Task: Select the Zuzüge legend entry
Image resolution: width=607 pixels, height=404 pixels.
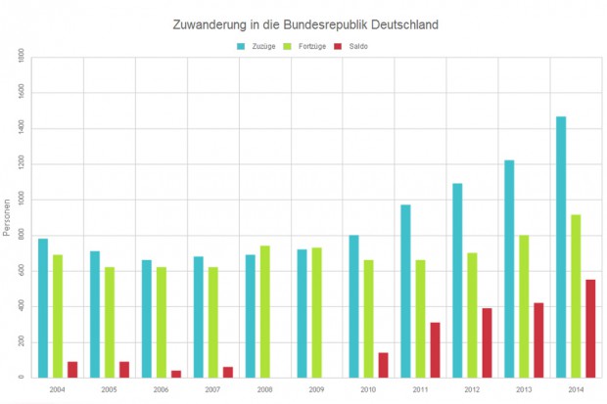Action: [257, 46]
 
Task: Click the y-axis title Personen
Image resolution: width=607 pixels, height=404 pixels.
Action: [7, 218]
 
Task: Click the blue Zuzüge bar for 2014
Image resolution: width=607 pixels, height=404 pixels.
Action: [561, 247]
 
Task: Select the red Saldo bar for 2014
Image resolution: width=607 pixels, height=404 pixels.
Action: [590, 329]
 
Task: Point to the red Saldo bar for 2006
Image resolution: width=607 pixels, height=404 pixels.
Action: [176, 374]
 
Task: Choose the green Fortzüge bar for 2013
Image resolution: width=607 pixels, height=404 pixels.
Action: [524, 306]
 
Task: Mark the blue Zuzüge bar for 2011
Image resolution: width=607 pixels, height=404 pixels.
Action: [405, 291]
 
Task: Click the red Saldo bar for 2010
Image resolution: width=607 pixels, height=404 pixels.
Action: [383, 365]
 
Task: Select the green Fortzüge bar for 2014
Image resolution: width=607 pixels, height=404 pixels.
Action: [576, 295]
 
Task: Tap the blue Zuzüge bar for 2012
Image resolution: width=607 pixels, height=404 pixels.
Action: [457, 280]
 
